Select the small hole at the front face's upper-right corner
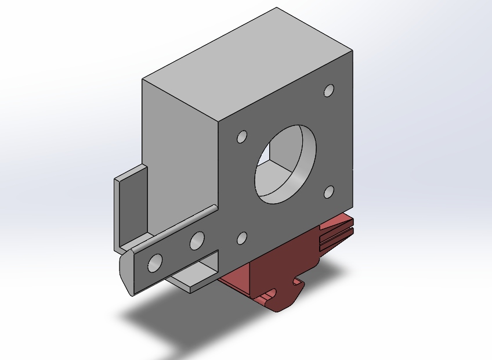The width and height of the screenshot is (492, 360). (329, 91)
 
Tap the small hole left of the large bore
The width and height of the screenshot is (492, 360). (241, 137)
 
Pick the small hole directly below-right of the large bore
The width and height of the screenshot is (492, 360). (330, 192)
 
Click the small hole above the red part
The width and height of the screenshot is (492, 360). (243, 237)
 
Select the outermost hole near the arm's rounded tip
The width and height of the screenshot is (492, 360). (155, 262)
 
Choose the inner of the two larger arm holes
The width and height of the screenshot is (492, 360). (197, 240)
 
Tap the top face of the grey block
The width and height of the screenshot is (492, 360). (249, 64)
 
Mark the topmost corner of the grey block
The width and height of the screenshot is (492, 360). (277, 8)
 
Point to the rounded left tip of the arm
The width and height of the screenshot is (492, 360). (126, 273)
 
